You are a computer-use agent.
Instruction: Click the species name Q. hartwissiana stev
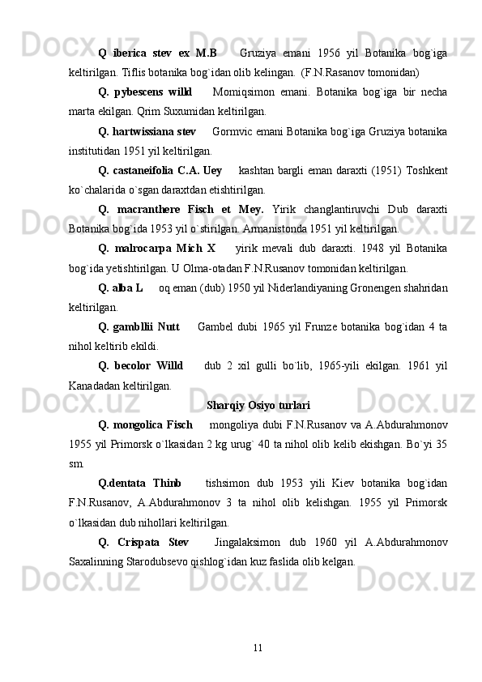(147, 130)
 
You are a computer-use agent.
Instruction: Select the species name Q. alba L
(121, 288)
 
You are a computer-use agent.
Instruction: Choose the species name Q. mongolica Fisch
(144, 424)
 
